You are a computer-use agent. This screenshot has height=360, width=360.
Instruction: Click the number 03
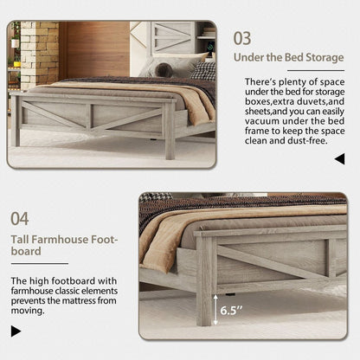tap(241, 38)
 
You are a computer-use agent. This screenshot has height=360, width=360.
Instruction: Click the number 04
tap(20, 219)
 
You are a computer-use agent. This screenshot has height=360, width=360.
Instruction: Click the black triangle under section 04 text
tap(16, 331)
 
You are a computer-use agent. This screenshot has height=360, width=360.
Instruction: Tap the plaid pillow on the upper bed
tap(204, 69)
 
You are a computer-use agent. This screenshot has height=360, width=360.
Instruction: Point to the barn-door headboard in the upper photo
tap(171, 40)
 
